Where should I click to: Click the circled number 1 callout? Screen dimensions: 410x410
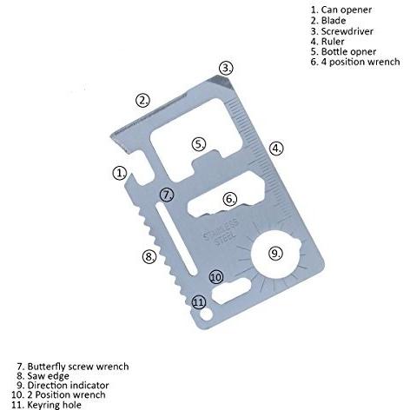pos(120,173)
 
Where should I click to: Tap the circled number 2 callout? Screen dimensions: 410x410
pos(143,100)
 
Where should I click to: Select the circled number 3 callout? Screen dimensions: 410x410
pos(226,68)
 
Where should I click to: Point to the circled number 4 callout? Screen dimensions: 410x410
pos(276,149)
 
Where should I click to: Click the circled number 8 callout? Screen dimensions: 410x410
pos(149,256)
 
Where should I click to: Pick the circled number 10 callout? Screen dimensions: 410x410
pos(216,277)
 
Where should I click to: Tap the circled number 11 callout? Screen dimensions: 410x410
pos(199,302)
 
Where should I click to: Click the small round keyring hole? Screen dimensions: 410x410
pos(206,315)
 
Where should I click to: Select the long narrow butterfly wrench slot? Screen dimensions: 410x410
pos(176,239)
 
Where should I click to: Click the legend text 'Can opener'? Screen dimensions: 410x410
pos(347,10)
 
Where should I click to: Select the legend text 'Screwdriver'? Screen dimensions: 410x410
pos(347,31)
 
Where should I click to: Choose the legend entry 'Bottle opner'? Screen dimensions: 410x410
pos(348,51)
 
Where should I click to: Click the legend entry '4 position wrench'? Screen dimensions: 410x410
pos(360,62)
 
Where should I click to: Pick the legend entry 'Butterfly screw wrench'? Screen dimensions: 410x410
pos(78,367)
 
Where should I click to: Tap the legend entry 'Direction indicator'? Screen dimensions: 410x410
pos(68,386)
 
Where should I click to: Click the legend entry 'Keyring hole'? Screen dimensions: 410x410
pos(54,405)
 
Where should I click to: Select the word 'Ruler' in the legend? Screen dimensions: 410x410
pos(333,42)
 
